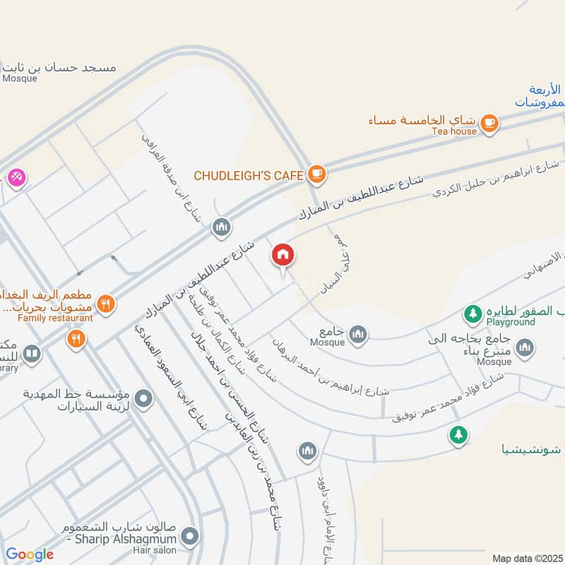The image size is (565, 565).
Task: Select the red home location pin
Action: point(282,256)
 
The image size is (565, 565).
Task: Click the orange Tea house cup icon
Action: point(489,124)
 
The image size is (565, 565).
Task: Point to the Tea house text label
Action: point(454,131)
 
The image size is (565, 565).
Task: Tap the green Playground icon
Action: point(472,312)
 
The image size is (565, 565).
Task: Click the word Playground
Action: point(511,321)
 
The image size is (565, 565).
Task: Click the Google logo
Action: point(29,554)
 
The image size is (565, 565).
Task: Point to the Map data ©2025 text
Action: point(527,558)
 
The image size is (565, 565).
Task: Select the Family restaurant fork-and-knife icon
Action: point(106,304)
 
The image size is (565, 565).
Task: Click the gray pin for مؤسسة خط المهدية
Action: point(144,400)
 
